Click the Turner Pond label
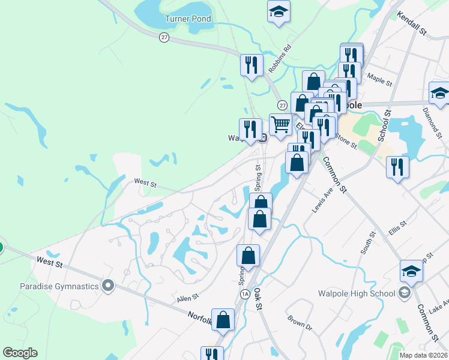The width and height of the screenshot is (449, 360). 188,19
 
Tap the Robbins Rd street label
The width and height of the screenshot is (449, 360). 280,58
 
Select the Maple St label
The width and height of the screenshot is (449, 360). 379,79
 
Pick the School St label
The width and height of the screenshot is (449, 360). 384,125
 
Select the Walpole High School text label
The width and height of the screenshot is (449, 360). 357,293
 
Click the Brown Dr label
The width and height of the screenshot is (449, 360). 300,324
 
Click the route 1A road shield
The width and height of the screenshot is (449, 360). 244,294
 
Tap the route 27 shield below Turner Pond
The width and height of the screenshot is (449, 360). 164,37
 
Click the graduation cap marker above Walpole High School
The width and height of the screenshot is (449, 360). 411,271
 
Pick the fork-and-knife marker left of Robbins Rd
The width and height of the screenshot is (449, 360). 252,65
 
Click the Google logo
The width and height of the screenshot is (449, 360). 20,353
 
